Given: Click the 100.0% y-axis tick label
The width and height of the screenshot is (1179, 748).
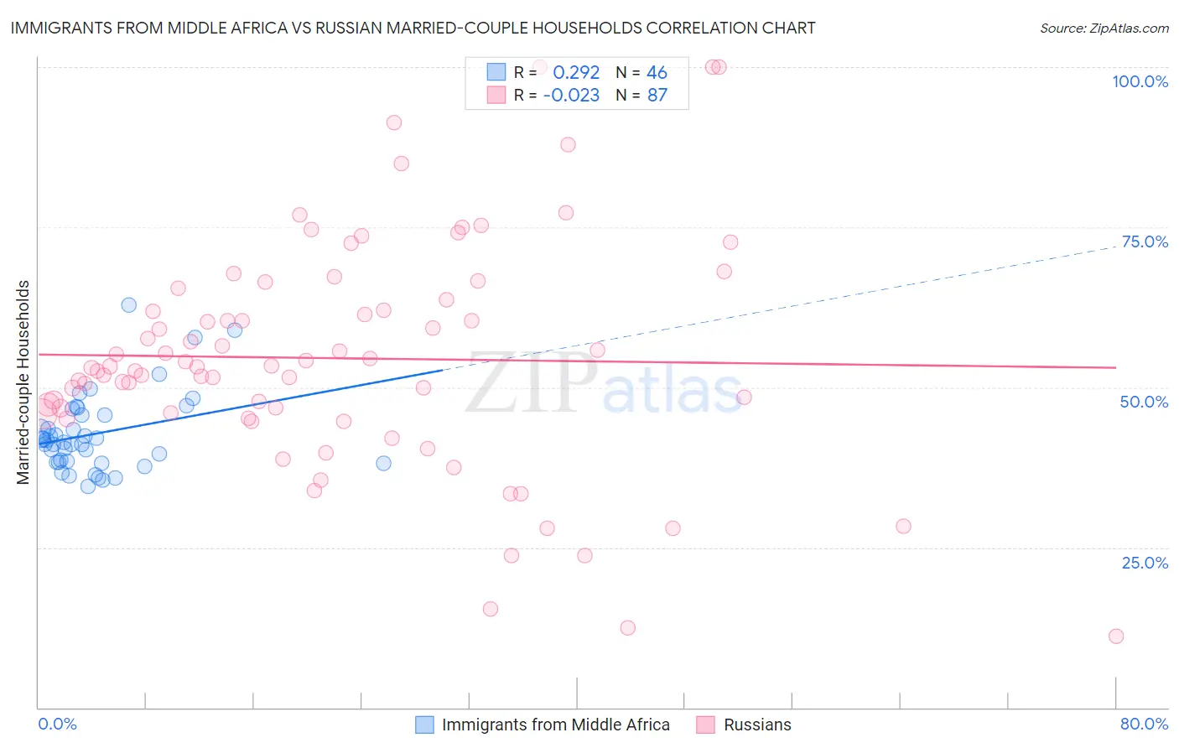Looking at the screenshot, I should point(1140,81).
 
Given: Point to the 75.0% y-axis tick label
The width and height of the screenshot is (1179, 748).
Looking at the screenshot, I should point(1145,242).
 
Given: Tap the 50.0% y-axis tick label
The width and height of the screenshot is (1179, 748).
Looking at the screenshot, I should point(1144,402).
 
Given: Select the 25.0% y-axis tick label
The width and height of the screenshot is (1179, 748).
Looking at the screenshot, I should point(1145,563).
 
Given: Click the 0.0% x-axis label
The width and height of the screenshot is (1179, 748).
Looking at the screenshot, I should point(57,724).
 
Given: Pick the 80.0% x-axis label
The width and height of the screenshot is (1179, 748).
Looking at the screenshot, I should point(1144,724).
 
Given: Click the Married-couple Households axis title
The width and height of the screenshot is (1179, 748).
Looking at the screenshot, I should point(23,382).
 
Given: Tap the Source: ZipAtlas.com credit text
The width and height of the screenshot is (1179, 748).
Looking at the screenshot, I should point(1104,28).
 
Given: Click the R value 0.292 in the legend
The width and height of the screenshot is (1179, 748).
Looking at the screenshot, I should point(576,72).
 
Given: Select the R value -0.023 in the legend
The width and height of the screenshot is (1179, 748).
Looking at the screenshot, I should point(571,95).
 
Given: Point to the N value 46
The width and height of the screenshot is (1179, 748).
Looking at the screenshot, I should point(657,72).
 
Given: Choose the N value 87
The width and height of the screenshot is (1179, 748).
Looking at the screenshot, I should point(657,95).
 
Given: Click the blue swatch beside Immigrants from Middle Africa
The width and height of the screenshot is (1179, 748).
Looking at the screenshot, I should point(425,725).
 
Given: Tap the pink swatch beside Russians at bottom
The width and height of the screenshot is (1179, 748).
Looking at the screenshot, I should point(705,725).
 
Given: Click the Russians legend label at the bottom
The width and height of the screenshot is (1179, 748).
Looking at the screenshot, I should point(757,725).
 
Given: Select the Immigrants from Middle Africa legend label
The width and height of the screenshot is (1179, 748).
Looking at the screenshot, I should point(555,725).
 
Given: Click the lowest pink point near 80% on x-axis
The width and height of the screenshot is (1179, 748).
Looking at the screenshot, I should point(1115,636).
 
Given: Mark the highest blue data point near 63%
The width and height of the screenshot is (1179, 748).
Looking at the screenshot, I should point(128,305).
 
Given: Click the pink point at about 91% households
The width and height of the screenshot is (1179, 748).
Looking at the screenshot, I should point(393,122).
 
